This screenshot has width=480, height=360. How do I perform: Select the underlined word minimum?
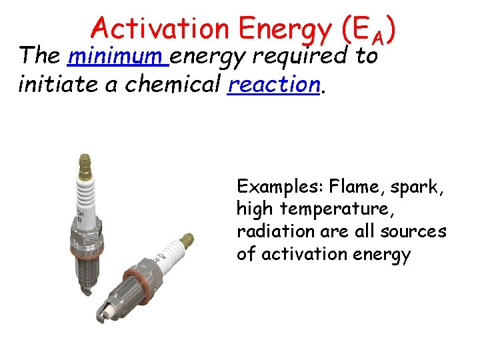117,57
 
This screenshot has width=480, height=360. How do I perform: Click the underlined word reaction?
272,85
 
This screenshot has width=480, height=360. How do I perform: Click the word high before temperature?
255,208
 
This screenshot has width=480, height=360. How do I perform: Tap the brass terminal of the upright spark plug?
84,162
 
